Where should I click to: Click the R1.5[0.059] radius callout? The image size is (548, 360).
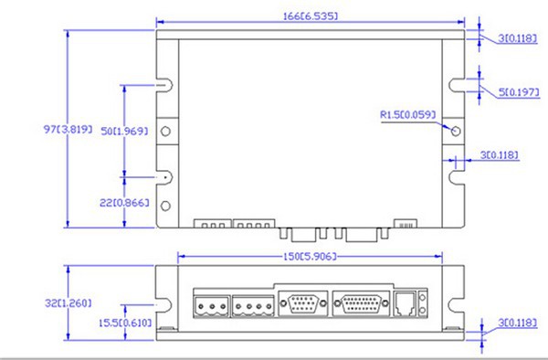[x=407, y=115]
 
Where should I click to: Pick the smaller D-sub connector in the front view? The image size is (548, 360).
[x=301, y=302]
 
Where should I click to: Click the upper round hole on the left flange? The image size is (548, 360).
[x=166, y=132]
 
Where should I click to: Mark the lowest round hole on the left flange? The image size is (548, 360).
[x=166, y=206]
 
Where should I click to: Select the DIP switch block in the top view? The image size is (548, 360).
[x=404, y=223]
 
